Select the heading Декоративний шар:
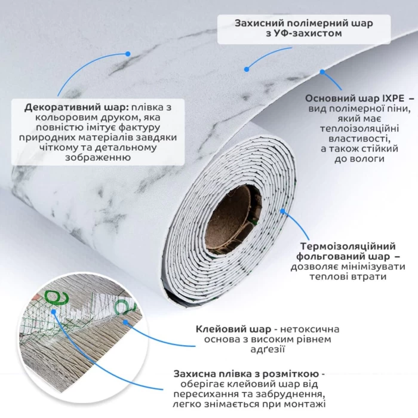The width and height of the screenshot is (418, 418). [x=77, y=107]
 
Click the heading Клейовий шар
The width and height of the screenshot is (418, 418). [x=233, y=329]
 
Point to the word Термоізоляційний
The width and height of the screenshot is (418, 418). [x=348, y=246]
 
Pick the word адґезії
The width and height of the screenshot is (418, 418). [x=268, y=349]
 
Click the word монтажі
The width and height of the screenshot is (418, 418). [x=305, y=404]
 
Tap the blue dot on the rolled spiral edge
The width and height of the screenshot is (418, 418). [x=282, y=211]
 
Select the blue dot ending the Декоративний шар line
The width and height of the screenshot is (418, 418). [x=128, y=54]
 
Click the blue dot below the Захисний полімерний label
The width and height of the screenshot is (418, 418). [x=247, y=69]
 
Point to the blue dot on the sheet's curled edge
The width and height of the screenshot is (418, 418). [x=322, y=72]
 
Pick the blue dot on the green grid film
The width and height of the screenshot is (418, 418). [x=54, y=312]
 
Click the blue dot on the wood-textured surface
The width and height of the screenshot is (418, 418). [x=125, y=322]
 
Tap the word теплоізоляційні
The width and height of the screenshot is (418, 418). [x=359, y=128]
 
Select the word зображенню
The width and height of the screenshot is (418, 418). [x=98, y=157]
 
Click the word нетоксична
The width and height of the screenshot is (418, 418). [x=310, y=329]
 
